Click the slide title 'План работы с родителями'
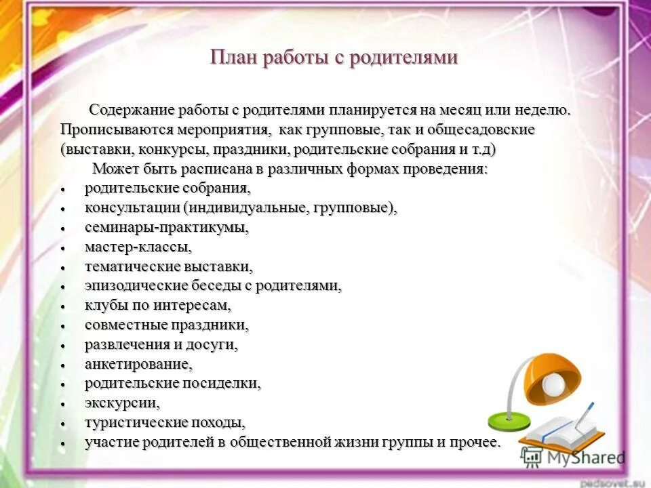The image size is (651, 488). (x=334, y=58)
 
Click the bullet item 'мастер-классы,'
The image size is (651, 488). (x=138, y=247)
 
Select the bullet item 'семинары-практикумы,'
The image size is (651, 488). (x=166, y=228)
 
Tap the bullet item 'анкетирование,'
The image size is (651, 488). (x=138, y=364)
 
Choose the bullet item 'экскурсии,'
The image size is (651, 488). (x=122, y=403)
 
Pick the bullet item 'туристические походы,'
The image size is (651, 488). (x=165, y=423)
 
